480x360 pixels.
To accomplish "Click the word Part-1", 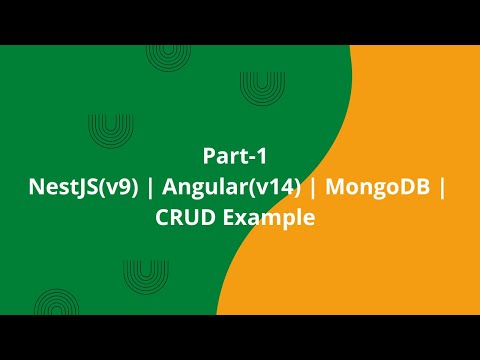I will tap(233, 156).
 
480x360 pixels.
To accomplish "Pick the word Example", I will tap(266, 216).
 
